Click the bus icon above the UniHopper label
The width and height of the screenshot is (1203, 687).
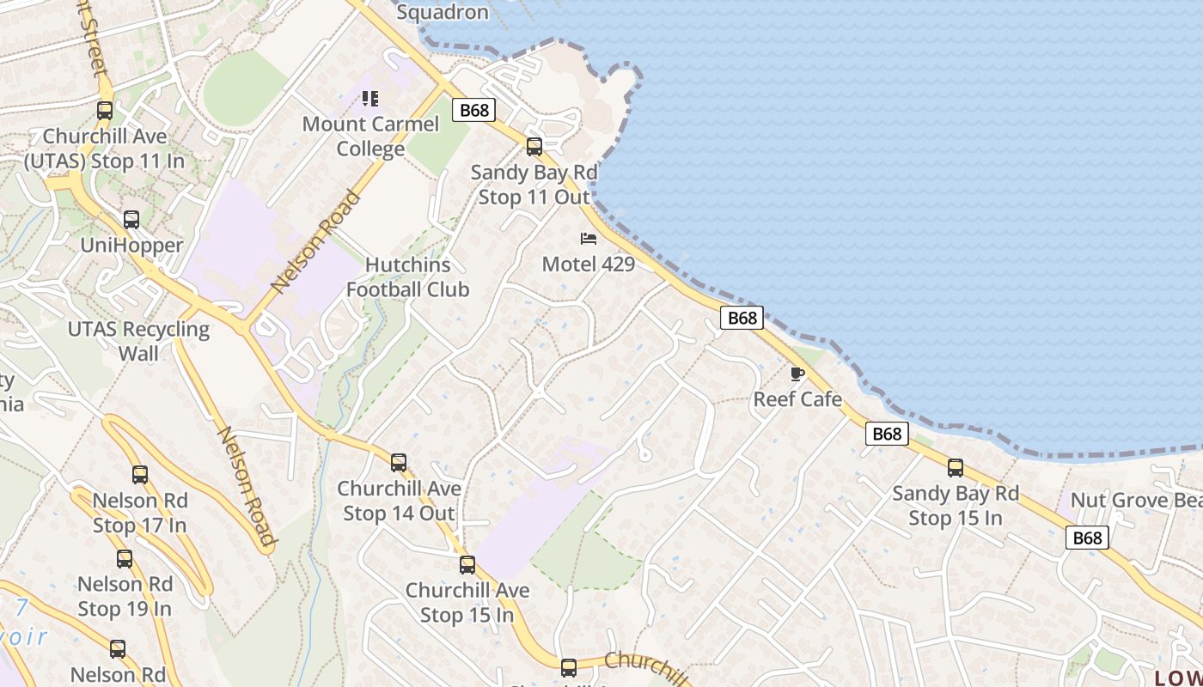(131, 220)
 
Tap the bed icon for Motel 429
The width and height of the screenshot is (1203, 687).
(589, 238)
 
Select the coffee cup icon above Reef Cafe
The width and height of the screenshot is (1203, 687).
(797, 374)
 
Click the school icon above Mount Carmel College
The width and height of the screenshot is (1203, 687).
(370, 99)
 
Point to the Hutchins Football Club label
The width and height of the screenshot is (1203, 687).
(408, 277)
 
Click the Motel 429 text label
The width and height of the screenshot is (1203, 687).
(589, 264)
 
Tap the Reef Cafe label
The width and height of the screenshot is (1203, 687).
(797, 399)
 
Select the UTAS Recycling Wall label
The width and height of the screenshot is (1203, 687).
(138, 341)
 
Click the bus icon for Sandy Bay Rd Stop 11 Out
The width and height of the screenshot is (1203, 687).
(534, 147)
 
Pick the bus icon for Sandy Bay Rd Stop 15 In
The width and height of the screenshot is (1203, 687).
(956, 468)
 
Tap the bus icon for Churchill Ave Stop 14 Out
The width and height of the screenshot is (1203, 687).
(399, 463)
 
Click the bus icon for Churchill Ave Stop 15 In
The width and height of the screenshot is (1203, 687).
(467, 565)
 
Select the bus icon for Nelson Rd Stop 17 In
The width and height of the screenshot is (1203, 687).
(140, 474)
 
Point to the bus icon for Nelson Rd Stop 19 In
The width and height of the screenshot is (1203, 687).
(125, 559)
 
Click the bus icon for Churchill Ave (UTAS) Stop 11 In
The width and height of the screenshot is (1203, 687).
(105, 111)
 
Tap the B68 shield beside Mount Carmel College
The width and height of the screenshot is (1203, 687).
(474, 110)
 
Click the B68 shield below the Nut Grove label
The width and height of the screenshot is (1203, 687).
(1087, 538)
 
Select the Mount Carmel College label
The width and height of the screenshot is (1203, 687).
(370, 137)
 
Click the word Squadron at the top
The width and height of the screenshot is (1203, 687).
(443, 12)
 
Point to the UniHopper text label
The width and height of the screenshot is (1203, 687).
(131, 246)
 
